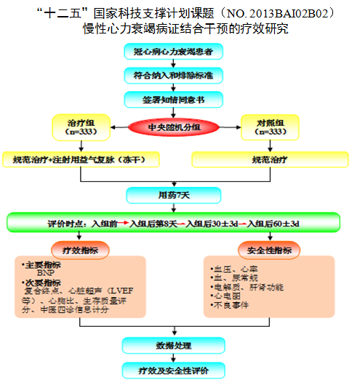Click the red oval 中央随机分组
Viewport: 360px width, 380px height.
click(174, 128)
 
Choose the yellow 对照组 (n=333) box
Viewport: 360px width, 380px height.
click(268, 127)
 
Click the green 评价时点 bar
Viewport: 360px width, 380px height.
click(174, 222)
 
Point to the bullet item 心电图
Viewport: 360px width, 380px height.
click(225, 297)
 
